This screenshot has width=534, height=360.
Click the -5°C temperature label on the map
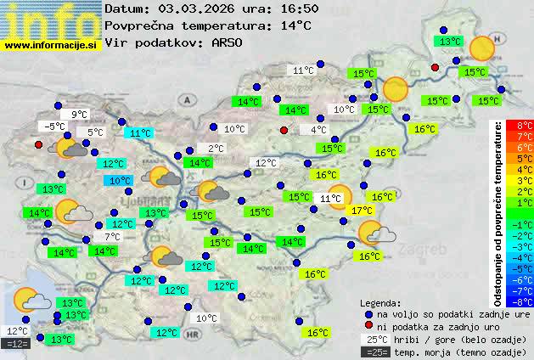coord(55,127)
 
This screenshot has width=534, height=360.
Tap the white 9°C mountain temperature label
coord(80,115)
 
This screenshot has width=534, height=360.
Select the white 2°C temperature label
coord(216,149)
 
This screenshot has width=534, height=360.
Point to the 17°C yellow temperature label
coord(362,211)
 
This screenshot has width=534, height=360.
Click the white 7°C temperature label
coord(112,237)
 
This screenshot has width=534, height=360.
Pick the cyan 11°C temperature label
coord(139,133)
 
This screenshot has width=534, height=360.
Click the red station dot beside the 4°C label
coord(284,130)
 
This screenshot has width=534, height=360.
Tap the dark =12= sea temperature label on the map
coord(17,344)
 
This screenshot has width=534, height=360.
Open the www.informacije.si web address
coord(52,45)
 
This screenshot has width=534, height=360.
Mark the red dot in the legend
coord(368,326)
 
